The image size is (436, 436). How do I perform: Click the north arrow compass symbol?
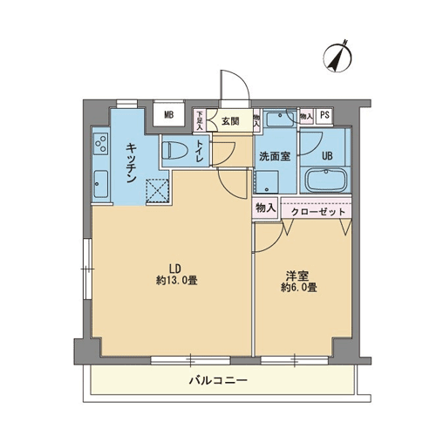(337, 57)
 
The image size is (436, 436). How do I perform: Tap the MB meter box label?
(169, 115)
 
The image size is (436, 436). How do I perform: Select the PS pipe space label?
(324, 115)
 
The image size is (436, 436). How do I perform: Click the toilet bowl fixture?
(174, 151)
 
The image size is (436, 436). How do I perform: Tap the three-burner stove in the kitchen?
(101, 144)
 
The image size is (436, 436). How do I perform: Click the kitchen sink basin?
(101, 184)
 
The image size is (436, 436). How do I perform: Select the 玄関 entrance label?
(230, 121)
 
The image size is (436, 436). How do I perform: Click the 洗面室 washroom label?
(275, 157)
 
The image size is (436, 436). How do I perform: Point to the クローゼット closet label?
(317, 212)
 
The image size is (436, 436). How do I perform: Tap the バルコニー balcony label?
(218, 380)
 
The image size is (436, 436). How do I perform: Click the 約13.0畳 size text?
(177, 281)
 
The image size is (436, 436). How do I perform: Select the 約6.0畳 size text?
(299, 288)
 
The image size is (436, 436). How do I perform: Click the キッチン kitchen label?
(132, 163)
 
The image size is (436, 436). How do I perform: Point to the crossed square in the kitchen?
(157, 190)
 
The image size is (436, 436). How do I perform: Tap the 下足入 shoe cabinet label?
(200, 120)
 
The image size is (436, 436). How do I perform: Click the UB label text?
(327, 156)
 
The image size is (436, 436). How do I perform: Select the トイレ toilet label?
(200, 151)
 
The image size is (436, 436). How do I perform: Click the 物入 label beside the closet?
(265, 208)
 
